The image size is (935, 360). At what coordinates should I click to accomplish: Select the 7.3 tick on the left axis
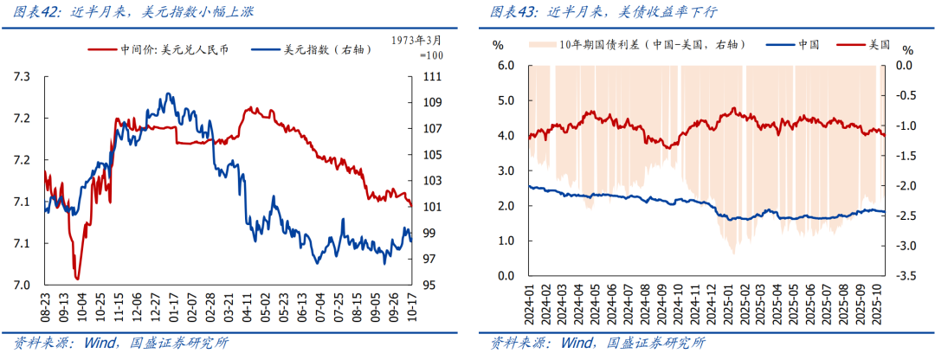[22, 77]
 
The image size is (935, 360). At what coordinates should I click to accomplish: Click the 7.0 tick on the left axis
[22, 285]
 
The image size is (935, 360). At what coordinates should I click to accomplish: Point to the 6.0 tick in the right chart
[505, 65]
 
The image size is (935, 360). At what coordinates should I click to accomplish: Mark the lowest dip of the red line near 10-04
[77, 279]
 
